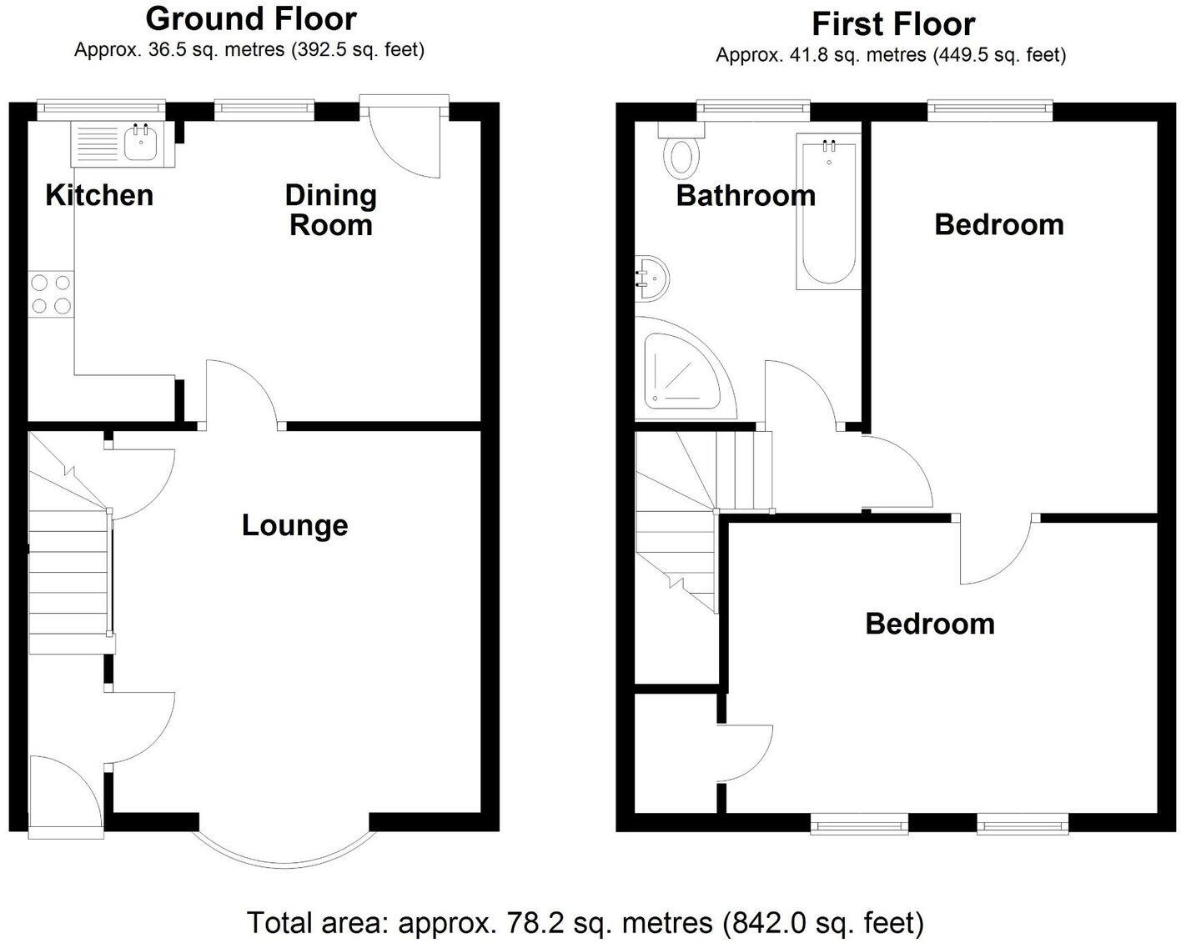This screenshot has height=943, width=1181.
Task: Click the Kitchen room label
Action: (x=99, y=195)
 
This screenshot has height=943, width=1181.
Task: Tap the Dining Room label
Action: (x=330, y=210)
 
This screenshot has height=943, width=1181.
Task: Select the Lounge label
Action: (x=294, y=525)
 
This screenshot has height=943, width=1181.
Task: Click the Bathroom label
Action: (x=745, y=195)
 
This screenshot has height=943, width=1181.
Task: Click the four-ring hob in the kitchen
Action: (x=50, y=294)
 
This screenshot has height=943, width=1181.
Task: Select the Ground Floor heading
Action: (x=250, y=18)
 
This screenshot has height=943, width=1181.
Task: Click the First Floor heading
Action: (x=892, y=24)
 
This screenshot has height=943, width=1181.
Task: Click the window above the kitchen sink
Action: (x=101, y=107)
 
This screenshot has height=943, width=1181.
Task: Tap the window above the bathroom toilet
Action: (x=753, y=107)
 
